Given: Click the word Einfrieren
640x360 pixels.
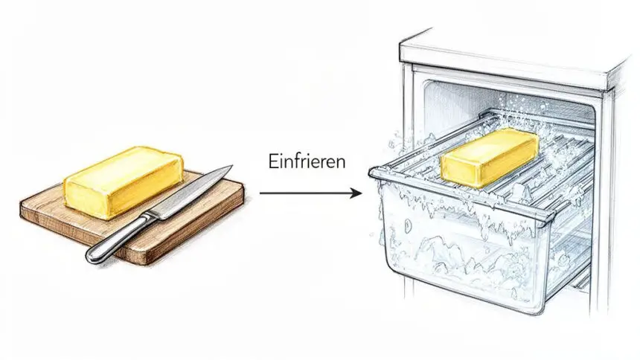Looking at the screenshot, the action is tap(307, 161).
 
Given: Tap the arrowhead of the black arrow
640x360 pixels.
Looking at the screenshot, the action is tap(356, 193).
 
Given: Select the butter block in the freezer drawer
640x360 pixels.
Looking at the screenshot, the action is tap(489, 156).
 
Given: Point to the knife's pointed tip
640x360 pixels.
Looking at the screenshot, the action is tap(232, 166).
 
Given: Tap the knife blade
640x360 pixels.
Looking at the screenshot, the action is tap(191, 192).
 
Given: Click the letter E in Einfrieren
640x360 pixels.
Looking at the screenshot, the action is tap(272, 161).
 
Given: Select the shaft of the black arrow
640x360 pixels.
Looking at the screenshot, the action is tap(305, 193).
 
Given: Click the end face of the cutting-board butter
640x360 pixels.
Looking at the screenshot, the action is tap(87, 200).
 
